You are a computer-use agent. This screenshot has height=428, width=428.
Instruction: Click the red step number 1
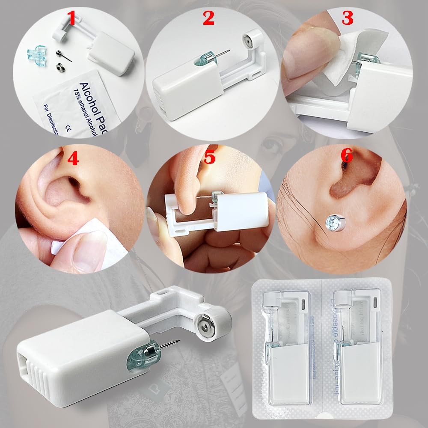(x=72, y=19)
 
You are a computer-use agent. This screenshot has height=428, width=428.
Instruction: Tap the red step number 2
(x=208, y=19)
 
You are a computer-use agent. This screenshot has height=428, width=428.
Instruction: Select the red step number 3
(x=347, y=19)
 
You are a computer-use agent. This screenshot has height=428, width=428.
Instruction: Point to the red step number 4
(x=73, y=159)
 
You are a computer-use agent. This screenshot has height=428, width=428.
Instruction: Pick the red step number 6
(x=346, y=156)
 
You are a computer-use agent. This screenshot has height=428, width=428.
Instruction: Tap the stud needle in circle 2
(x=222, y=56)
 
